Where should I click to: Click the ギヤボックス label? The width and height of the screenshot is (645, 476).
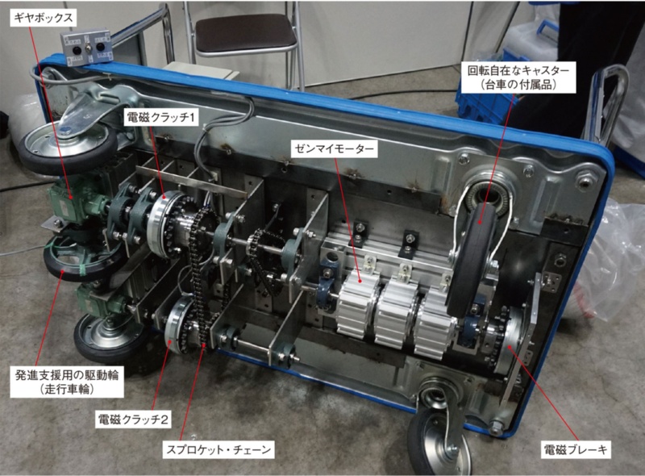[43, 18]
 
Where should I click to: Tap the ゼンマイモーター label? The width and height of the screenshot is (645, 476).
[334, 148]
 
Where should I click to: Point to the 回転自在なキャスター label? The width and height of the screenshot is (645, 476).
[518, 70]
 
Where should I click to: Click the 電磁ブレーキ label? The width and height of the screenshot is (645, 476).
[576, 449]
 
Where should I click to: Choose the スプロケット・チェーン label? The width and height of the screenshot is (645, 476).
[218, 449]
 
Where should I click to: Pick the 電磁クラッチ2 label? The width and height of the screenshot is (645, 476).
[133, 420]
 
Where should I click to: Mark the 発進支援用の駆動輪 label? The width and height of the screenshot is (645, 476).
[67, 375]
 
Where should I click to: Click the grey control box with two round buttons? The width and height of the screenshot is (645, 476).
[87, 48]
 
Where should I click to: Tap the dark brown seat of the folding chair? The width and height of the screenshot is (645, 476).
[246, 33]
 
